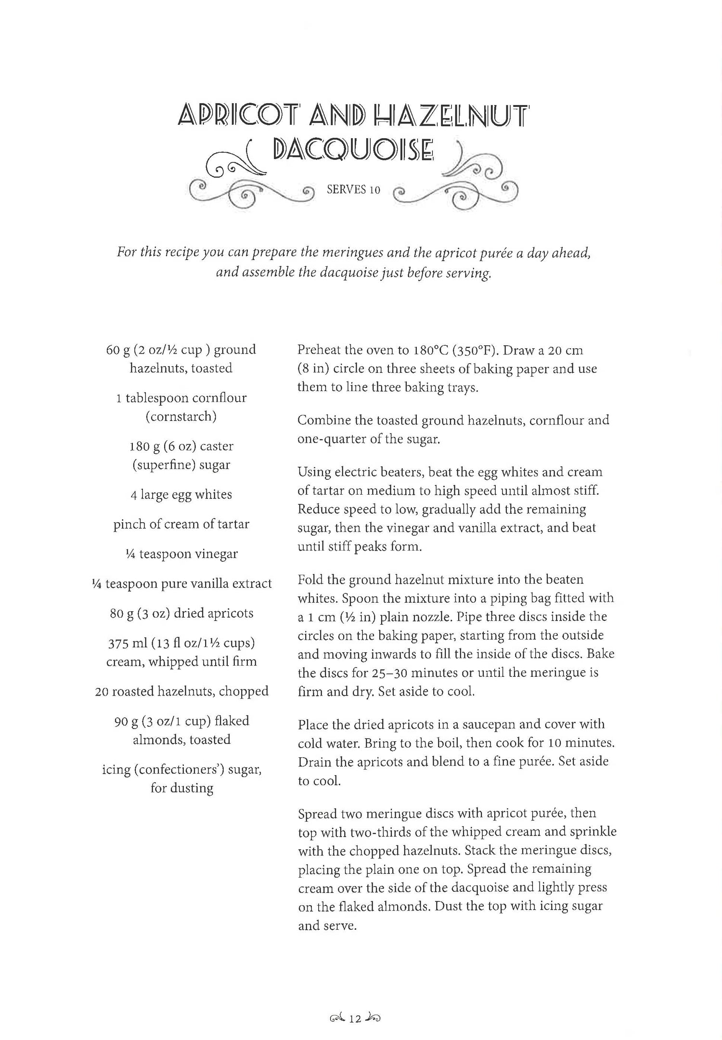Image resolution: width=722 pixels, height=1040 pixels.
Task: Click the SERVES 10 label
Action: click(353, 190)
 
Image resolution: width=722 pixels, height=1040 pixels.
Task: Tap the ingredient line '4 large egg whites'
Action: click(181, 495)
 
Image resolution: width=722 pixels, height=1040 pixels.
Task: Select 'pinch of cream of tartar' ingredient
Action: click(181, 524)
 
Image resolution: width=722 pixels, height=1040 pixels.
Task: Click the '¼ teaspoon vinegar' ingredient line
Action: click(181, 554)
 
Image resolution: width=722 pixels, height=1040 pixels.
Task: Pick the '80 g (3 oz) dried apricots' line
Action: click(181, 613)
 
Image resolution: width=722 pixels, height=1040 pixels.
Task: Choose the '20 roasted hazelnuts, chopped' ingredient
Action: click(181, 691)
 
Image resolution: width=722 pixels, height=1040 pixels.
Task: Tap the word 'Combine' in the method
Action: click(324, 421)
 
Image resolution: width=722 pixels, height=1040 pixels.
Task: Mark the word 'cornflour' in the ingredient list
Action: click(219, 398)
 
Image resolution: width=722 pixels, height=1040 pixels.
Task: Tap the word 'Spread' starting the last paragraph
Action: click(317, 814)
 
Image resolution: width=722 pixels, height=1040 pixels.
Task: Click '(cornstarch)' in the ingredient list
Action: click(181, 417)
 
